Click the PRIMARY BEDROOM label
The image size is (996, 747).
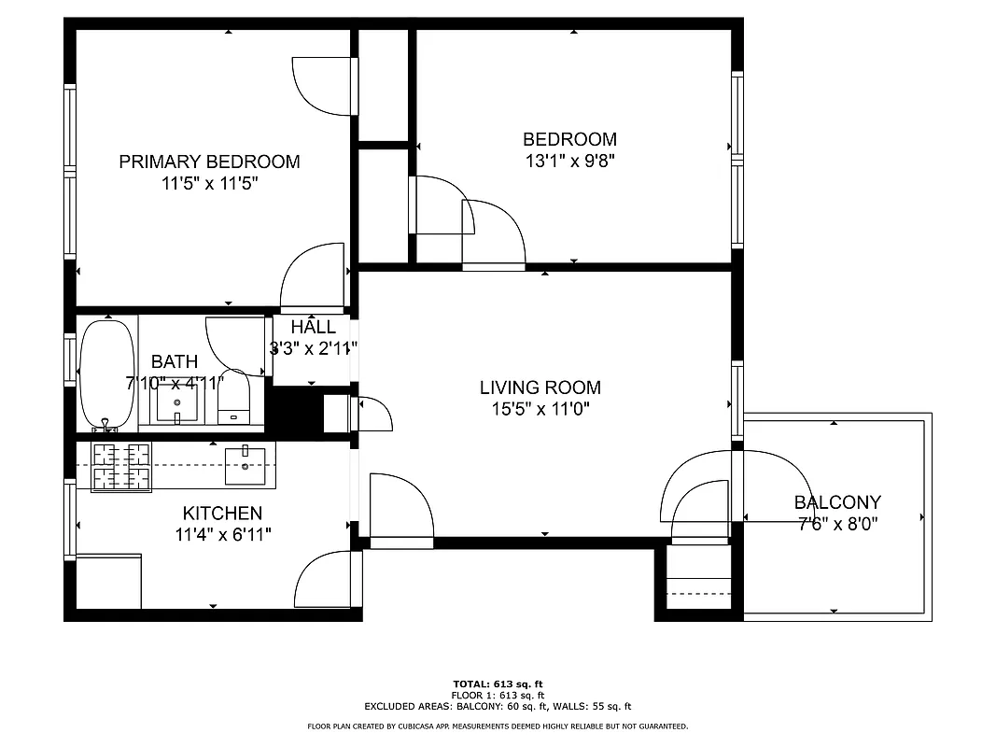(209, 162)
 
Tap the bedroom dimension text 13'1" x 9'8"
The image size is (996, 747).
(569, 161)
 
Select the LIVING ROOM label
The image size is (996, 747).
(540, 388)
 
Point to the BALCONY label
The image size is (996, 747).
(836, 502)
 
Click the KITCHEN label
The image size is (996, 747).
(222, 513)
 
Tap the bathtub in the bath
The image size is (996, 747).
(107, 373)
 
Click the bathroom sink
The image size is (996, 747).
(176, 402)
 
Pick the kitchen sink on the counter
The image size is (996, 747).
(245, 465)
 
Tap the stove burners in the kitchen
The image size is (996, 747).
(121, 466)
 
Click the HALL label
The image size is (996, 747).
(313, 328)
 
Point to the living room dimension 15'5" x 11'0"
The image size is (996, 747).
(540, 408)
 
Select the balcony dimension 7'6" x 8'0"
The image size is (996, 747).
(836, 523)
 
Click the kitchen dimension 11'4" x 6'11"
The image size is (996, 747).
(222, 534)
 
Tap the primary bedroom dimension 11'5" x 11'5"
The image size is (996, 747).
(209, 183)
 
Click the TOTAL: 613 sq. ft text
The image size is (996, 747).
(498, 684)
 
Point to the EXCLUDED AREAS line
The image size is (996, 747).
(498, 706)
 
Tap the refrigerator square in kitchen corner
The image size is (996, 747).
(108, 581)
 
